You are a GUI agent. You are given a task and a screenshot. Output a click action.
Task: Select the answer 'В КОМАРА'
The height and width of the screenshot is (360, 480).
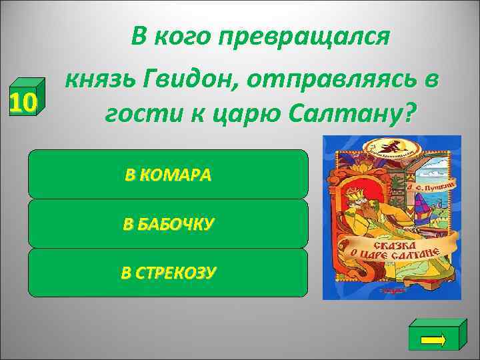pos(168,175)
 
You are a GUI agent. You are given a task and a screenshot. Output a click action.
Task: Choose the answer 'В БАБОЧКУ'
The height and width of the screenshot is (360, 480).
pos(168,223)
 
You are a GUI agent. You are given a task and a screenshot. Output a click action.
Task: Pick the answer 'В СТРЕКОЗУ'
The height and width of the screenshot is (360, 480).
pos(168,272)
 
